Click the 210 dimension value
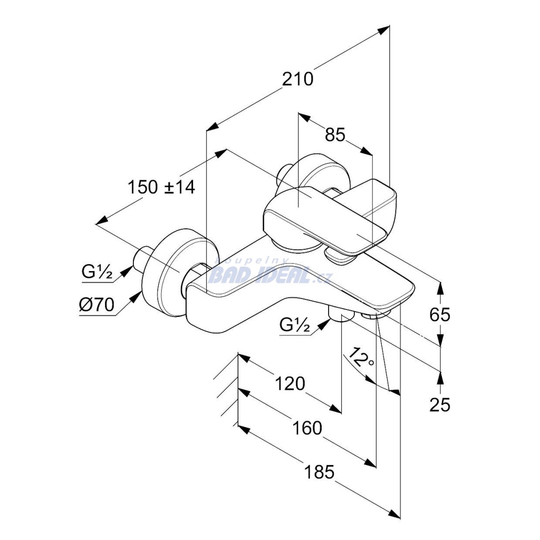pos(298,79)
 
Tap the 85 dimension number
pos(335,134)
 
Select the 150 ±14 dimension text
pos(161,187)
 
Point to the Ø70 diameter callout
pos(97,305)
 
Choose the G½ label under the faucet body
pos(294,324)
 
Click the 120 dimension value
pos(290,384)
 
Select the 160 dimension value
pos(307,428)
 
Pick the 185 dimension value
pos(319,472)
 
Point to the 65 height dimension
pos(440,314)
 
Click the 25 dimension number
pos(440,404)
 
